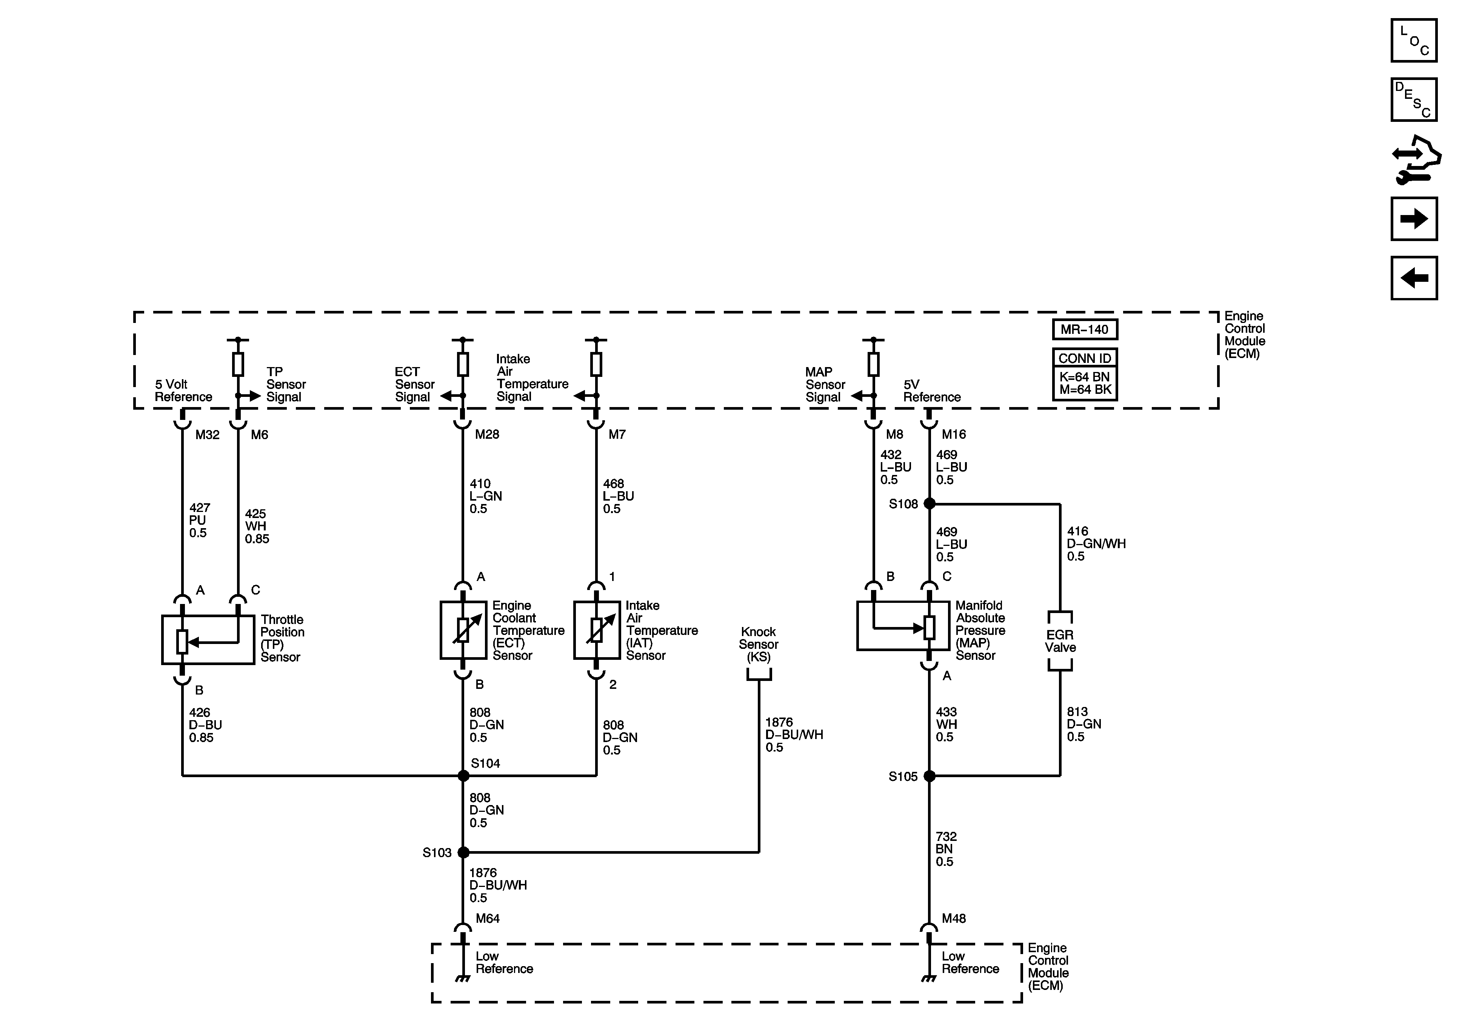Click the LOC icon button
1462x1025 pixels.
[1414, 41]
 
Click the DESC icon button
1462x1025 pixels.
[1414, 99]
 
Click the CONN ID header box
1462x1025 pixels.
[1084, 358]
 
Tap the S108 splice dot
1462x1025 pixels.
[929, 504]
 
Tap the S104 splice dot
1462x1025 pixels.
[463, 775]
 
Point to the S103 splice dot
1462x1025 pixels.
[463, 852]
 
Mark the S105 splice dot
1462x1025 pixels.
[929, 775]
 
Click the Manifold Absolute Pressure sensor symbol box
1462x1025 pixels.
[903, 626]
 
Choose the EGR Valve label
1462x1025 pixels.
[1060, 641]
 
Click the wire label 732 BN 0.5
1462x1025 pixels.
[946, 849]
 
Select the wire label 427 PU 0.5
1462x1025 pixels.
[199, 520]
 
